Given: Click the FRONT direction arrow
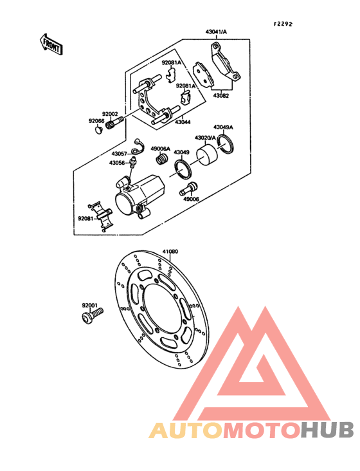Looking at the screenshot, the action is (51, 44).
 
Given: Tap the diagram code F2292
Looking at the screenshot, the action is (283, 24).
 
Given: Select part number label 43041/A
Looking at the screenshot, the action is (216, 32).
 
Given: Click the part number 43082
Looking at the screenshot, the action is (221, 96).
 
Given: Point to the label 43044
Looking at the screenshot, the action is (183, 122).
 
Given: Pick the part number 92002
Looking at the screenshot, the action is (110, 114).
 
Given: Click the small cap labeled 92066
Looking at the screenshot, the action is (98, 131).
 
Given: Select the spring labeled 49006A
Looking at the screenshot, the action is (163, 158).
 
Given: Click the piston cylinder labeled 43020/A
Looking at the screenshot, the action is (207, 154).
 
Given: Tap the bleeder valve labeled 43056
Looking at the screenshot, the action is (132, 162).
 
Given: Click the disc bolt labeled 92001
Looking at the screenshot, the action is (92, 316).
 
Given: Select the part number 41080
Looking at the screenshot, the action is (170, 251).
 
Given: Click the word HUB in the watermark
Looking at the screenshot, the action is (327, 430).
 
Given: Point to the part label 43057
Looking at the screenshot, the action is (120, 154).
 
